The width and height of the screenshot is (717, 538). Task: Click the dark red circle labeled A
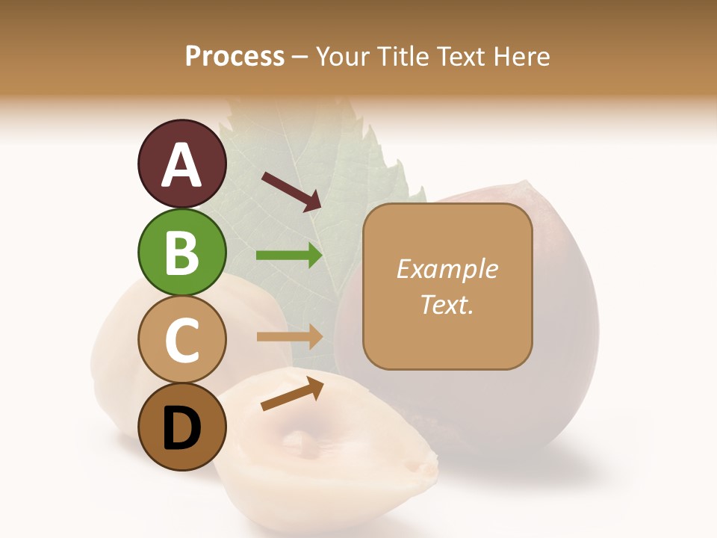click(x=181, y=164)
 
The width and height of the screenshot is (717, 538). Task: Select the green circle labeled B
click(x=181, y=252)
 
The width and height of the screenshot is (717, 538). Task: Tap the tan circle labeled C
click(x=181, y=339)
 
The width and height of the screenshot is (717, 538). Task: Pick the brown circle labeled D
click(x=181, y=427)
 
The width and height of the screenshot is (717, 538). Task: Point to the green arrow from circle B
click(x=289, y=256)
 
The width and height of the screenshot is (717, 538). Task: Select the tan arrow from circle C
click(x=289, y=336)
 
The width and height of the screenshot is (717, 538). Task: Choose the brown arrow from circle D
click(x=292, y=394)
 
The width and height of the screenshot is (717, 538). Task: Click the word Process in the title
click(x=235, y=57)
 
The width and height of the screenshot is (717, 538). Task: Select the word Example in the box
click(x=447, y=269)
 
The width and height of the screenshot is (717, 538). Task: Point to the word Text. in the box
click(x=447, y=304)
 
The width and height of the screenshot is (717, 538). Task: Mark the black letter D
click(x=181, y=428)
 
